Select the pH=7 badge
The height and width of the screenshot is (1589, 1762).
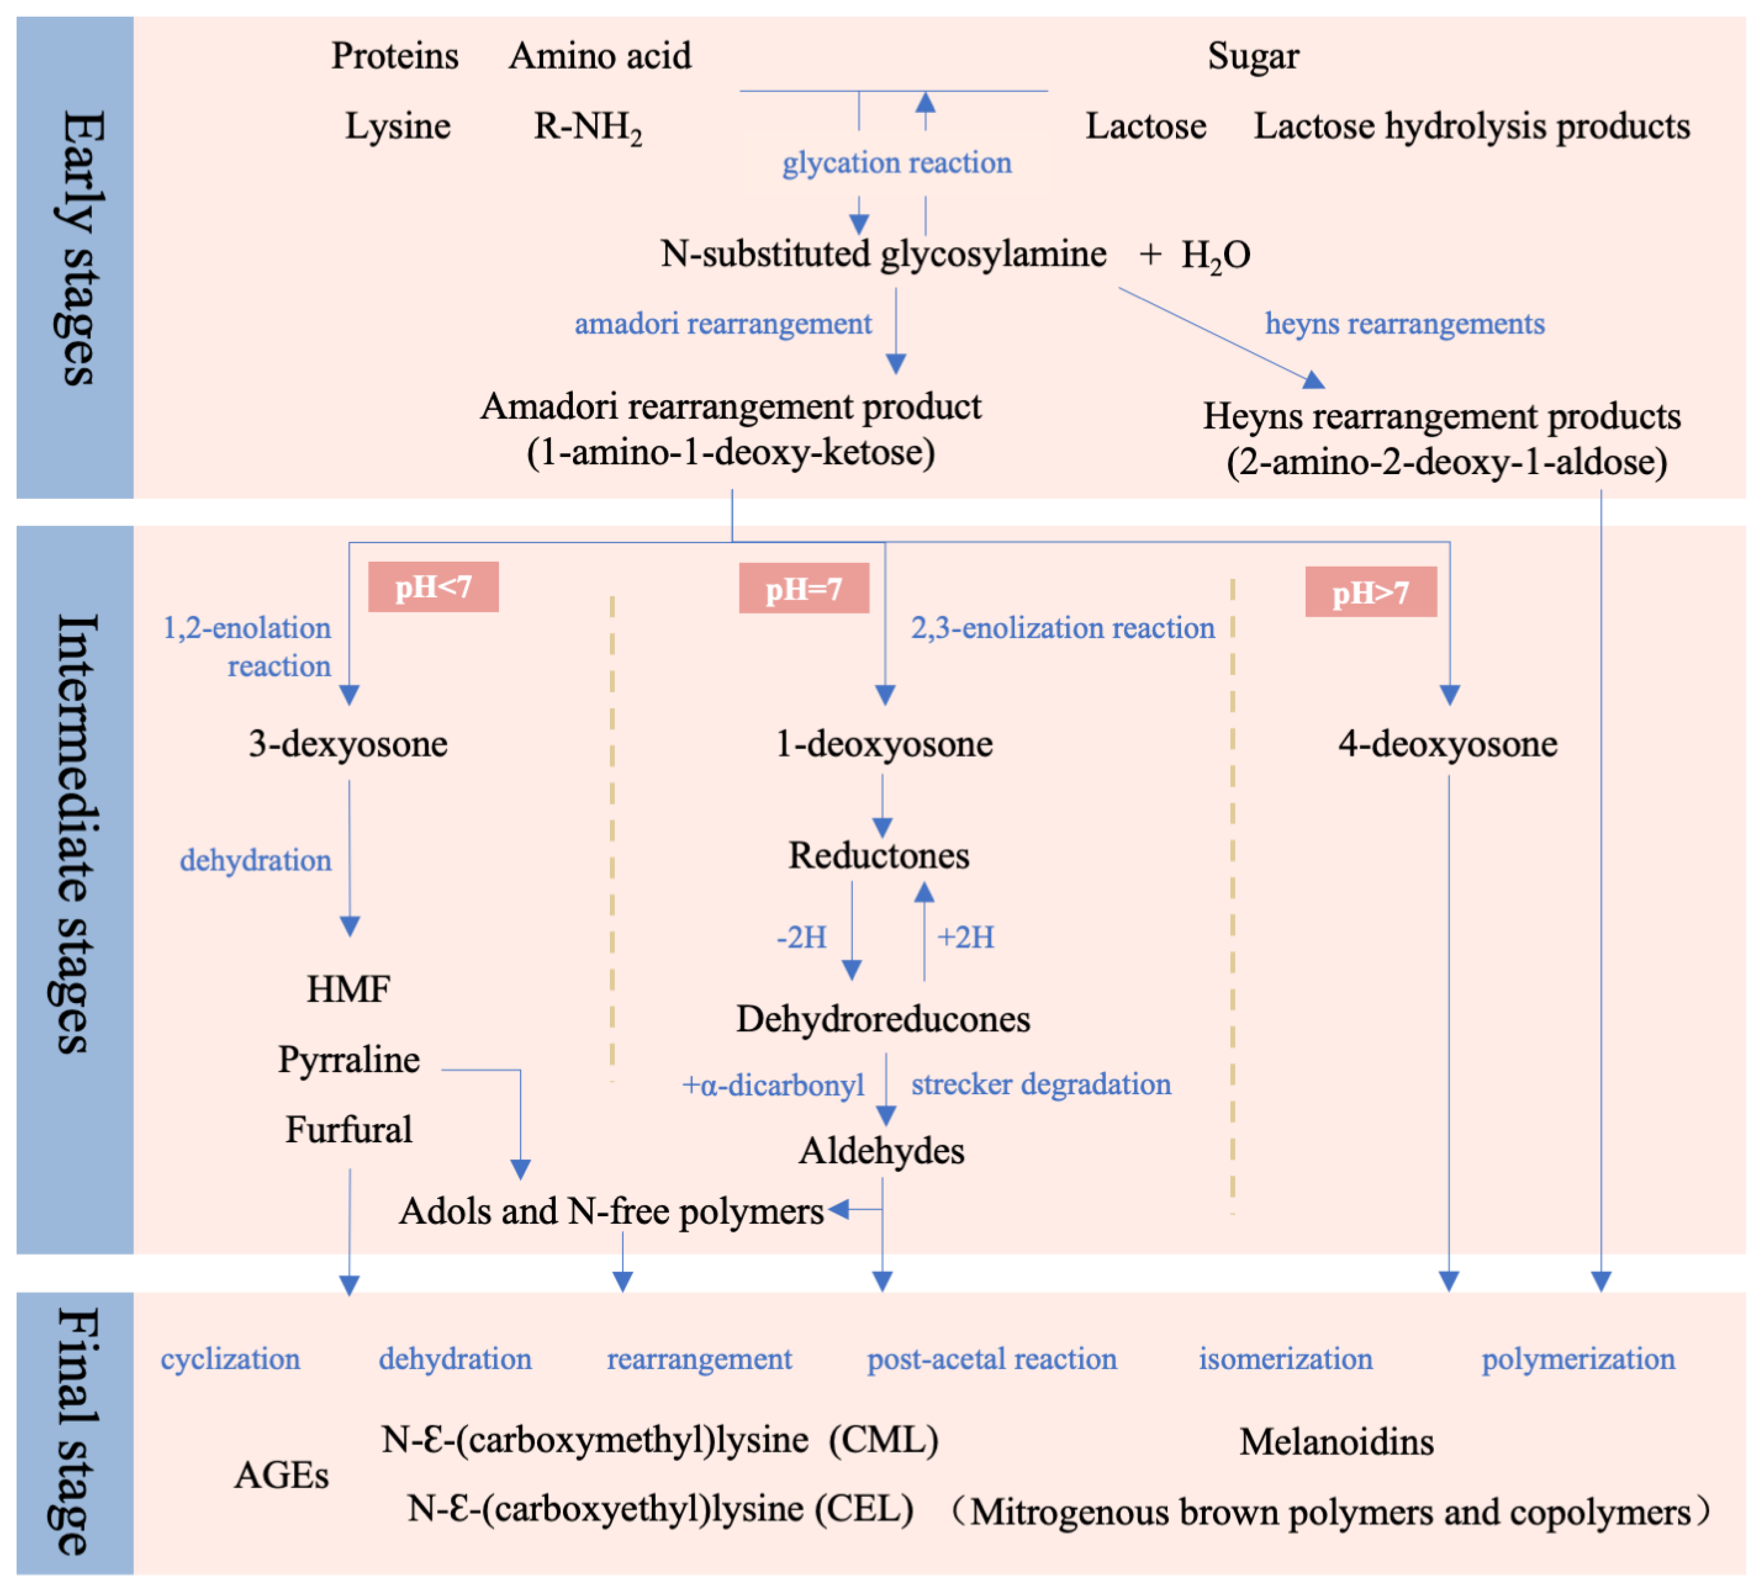coord(804,589)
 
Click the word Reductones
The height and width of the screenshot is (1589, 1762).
coord(879,856)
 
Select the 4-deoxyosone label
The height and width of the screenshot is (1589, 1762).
coord(1447,744)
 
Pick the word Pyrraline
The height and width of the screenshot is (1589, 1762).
coord(349,1059)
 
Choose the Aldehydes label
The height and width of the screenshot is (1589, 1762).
coord(882,1151)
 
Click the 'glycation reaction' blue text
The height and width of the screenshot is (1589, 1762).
coord(896,163)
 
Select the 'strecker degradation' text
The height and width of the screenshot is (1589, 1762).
coord(1040,1085)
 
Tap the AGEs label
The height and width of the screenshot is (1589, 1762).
coord(281,1476)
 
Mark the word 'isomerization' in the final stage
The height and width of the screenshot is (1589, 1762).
coord(1285,1359)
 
